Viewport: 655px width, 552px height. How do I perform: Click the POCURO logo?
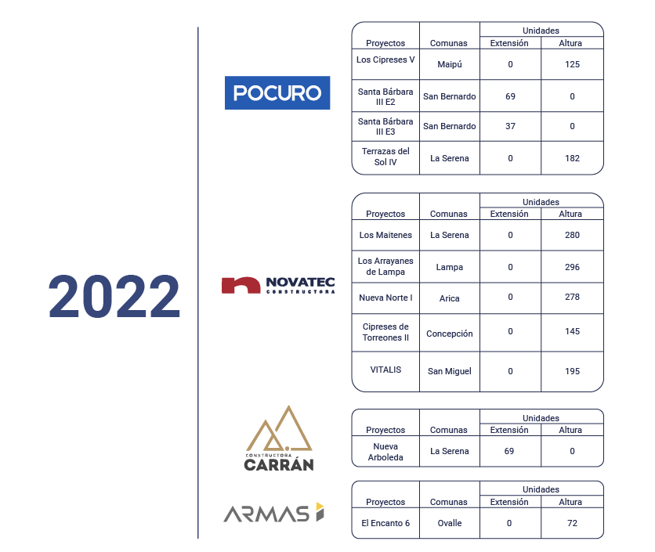(277, 92)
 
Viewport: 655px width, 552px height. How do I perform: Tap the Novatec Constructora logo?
(278, 286)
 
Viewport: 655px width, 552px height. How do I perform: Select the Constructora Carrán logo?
(279, 438)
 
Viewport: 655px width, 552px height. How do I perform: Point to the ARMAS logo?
(274, 512)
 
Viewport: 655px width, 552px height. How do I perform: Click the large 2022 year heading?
(114, 297)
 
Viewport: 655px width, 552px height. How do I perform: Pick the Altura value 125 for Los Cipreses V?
(572, 64)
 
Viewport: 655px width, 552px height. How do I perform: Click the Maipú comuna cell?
(450, 64)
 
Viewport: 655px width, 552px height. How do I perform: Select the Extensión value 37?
(511, 126)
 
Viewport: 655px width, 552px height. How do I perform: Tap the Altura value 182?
(572, 158)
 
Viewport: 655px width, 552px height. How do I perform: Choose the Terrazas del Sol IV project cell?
(385, 157)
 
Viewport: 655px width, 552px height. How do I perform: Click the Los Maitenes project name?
(385, 235)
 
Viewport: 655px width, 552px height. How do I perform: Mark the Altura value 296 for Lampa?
(572, 267)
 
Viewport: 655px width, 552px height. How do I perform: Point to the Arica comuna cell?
(450, 298)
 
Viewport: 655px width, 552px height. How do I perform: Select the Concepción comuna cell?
(450, 334)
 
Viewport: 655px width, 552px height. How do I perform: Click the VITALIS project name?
(385, 370)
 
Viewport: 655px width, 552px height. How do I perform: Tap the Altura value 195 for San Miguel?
(572, 371)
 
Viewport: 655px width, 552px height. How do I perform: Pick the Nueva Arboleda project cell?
(385, 452)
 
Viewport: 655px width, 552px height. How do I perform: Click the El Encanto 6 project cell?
(385, 523)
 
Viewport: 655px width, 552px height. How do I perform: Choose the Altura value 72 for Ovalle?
(572, 523)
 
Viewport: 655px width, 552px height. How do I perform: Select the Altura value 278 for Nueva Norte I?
(572, 297)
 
